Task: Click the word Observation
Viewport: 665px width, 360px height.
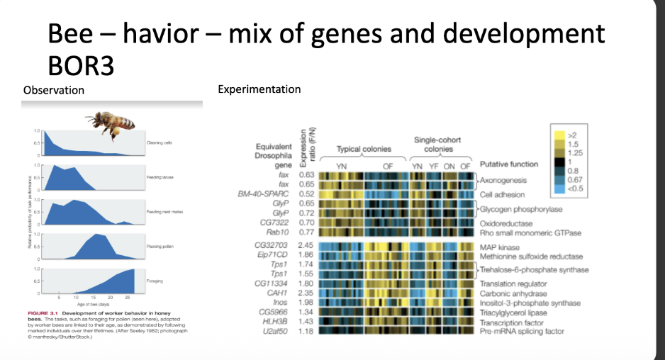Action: point(54,90)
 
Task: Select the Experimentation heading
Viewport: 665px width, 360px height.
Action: point(259,89)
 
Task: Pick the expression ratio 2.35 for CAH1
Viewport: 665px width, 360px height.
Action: point(306,293)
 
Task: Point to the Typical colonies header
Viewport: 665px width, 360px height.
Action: point(363,150)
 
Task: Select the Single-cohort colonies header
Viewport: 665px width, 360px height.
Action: point(437,145)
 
